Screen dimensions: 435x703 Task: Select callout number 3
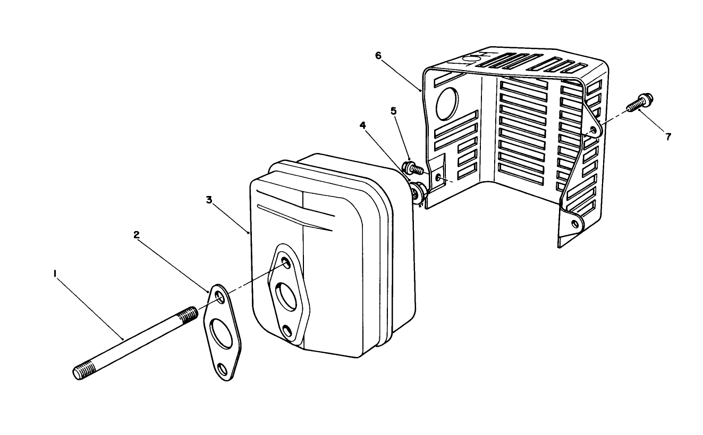tap(209, 200)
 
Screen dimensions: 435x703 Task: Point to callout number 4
tap(362, 125)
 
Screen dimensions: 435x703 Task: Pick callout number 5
tap(393, 111)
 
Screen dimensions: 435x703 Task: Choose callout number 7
tap(668, 137)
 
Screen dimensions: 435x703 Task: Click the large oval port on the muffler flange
tap(286, 296)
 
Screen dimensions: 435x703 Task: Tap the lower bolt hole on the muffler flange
tap(288, 332)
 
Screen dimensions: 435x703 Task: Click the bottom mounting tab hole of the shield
tap(575, 224)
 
